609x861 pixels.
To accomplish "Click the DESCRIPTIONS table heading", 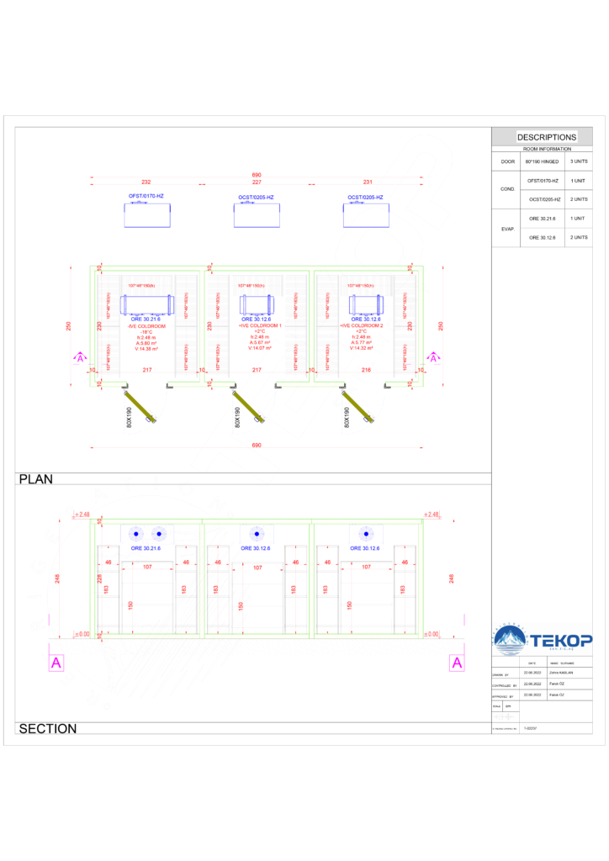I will point(547,137).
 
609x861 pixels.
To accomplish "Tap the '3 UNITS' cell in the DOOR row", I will point(579,161).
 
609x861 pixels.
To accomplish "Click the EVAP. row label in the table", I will point(507,228).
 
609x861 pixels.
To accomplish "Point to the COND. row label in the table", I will point(507,189).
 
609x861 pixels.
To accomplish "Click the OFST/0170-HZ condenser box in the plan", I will point(147,215).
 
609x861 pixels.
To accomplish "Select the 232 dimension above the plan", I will point(146,182).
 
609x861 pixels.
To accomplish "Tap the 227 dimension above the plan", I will point(257,182).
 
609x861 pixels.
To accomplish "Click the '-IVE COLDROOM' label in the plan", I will point(147,325).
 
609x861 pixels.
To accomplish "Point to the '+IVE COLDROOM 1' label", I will point(257,325).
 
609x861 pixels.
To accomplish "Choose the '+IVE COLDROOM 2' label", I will point(367,325).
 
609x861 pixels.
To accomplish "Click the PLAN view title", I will point(35,479).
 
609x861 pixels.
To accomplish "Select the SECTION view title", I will point(47,729).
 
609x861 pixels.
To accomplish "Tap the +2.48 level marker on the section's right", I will point(432,514).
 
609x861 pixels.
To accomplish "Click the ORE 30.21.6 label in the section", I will point(146,548).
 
